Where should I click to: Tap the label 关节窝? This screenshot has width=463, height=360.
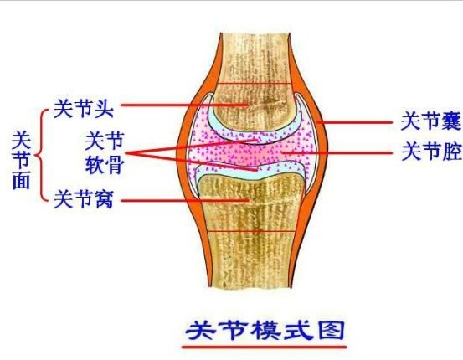click(84, 198)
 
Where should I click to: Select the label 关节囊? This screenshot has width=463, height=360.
click(431, 121)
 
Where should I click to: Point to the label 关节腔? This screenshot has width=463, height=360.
click(431, 152)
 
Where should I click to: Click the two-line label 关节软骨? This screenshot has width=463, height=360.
click(105, 152)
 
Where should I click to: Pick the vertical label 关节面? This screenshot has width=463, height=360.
click(21, 160)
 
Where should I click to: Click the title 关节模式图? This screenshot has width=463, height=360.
click(265, 330)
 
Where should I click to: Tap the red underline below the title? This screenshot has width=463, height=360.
click(264, 347)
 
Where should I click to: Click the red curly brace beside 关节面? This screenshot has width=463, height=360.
click(40, 155)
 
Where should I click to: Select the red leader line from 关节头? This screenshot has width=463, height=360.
click(184, 105)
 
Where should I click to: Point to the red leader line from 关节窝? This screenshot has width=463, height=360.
click(185, 201)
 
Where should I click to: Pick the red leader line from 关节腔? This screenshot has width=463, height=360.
click(337, 153)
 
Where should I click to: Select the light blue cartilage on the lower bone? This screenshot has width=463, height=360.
click(251, 172)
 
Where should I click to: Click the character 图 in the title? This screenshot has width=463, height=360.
click(332, 330)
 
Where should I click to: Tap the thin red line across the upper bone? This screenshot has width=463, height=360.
click(253, 84)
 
